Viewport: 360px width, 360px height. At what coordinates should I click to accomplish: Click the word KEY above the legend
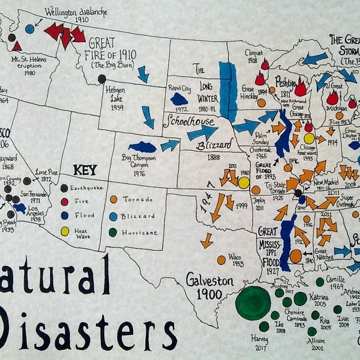click(x=85, y=170)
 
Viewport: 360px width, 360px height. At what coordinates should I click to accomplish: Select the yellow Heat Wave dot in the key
click(x=65, y=231)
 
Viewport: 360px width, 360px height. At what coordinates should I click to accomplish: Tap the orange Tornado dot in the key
click(x=114, y=199)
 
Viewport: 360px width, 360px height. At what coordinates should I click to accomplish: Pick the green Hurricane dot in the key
click(x=114, y=232)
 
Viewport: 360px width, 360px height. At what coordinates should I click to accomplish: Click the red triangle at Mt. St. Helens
click(x=17, y=46)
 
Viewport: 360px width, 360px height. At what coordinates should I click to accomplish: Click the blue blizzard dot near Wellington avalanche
click(x=29, y=28)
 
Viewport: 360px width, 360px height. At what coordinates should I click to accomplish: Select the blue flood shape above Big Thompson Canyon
click(x=142, y=147)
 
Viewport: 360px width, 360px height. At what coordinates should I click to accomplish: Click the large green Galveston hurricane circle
click(x=253, y=302)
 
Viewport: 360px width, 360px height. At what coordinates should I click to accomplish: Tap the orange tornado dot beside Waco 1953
click(x=221, y=260)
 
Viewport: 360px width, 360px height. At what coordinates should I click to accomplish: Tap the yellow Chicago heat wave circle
click(x=309, y=139)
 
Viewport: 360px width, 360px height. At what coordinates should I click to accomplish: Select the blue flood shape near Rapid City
click(x=179, y=98)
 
